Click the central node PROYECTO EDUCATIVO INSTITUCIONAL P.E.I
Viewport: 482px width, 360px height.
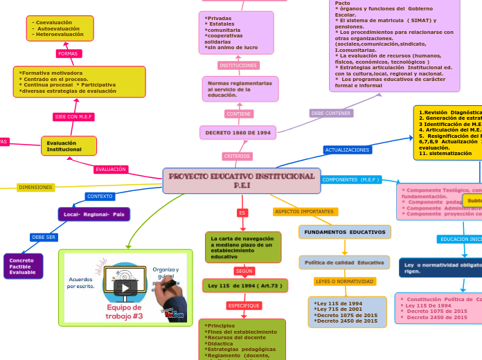click(242, 181)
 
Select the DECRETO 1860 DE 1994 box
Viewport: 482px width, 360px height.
click(238, 132)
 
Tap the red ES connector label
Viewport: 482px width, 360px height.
click(242, 213)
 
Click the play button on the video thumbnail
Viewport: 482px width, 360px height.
click(125, 287)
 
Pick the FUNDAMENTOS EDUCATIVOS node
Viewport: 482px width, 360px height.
click(344, 232)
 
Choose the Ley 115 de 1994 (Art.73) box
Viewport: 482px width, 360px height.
click(244, 285)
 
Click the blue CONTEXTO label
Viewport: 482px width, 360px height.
click(100, 197)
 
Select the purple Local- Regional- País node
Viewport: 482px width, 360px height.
click(94, 215)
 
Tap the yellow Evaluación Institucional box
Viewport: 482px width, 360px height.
click(69, 146)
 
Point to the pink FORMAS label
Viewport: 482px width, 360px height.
click(68, 53)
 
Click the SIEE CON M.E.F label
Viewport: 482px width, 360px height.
click(73, 117)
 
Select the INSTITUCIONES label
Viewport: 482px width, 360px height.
click(238, 65)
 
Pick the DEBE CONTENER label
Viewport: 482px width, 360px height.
click(331, 113)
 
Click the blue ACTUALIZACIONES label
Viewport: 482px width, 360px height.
click(347, 150)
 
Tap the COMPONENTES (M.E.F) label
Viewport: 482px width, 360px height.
click(351, 180)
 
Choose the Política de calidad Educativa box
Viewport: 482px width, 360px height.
click(344, 262)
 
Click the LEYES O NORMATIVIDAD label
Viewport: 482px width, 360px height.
click(344, 282)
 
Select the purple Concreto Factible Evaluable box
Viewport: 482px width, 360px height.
click(23, 267)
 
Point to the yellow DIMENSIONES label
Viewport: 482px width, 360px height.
click(35, 187)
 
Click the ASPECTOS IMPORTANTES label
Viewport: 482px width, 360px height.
click(305, 212)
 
